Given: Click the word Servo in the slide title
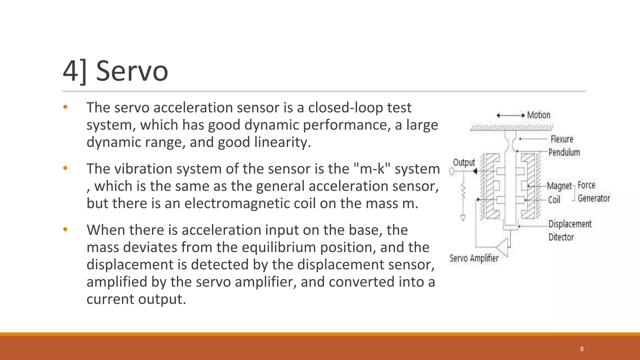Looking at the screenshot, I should pyautogui.click(x=132, y=71).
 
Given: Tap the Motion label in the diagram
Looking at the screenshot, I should pyautogui.click(x=538, y=115).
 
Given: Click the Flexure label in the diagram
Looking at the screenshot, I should pyautogui.click(x=562, y=139).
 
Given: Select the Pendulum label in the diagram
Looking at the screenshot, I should pyautogui.click(x=564, y=152).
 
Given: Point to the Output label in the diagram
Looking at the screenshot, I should pyautogui.click(x=464, y=162).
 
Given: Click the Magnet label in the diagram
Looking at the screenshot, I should pyautogui.click(x=559, y=186).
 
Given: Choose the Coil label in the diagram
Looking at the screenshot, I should pyautogui.click(x=554, y=200).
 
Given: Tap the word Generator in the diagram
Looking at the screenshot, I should pyautogui.click(x=594, y=198).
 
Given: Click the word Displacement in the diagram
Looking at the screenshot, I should pyautogui.click(x=570, y=224).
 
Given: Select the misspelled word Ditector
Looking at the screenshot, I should pyautogui.click(x=561, y=237).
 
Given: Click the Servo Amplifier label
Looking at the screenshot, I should pyautogui.click(x=474, y=258).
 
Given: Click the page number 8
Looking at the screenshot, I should pyautogui.click(x=582, y=349).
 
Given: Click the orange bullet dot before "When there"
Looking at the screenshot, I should pyautogui.click(x=65, y=230).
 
